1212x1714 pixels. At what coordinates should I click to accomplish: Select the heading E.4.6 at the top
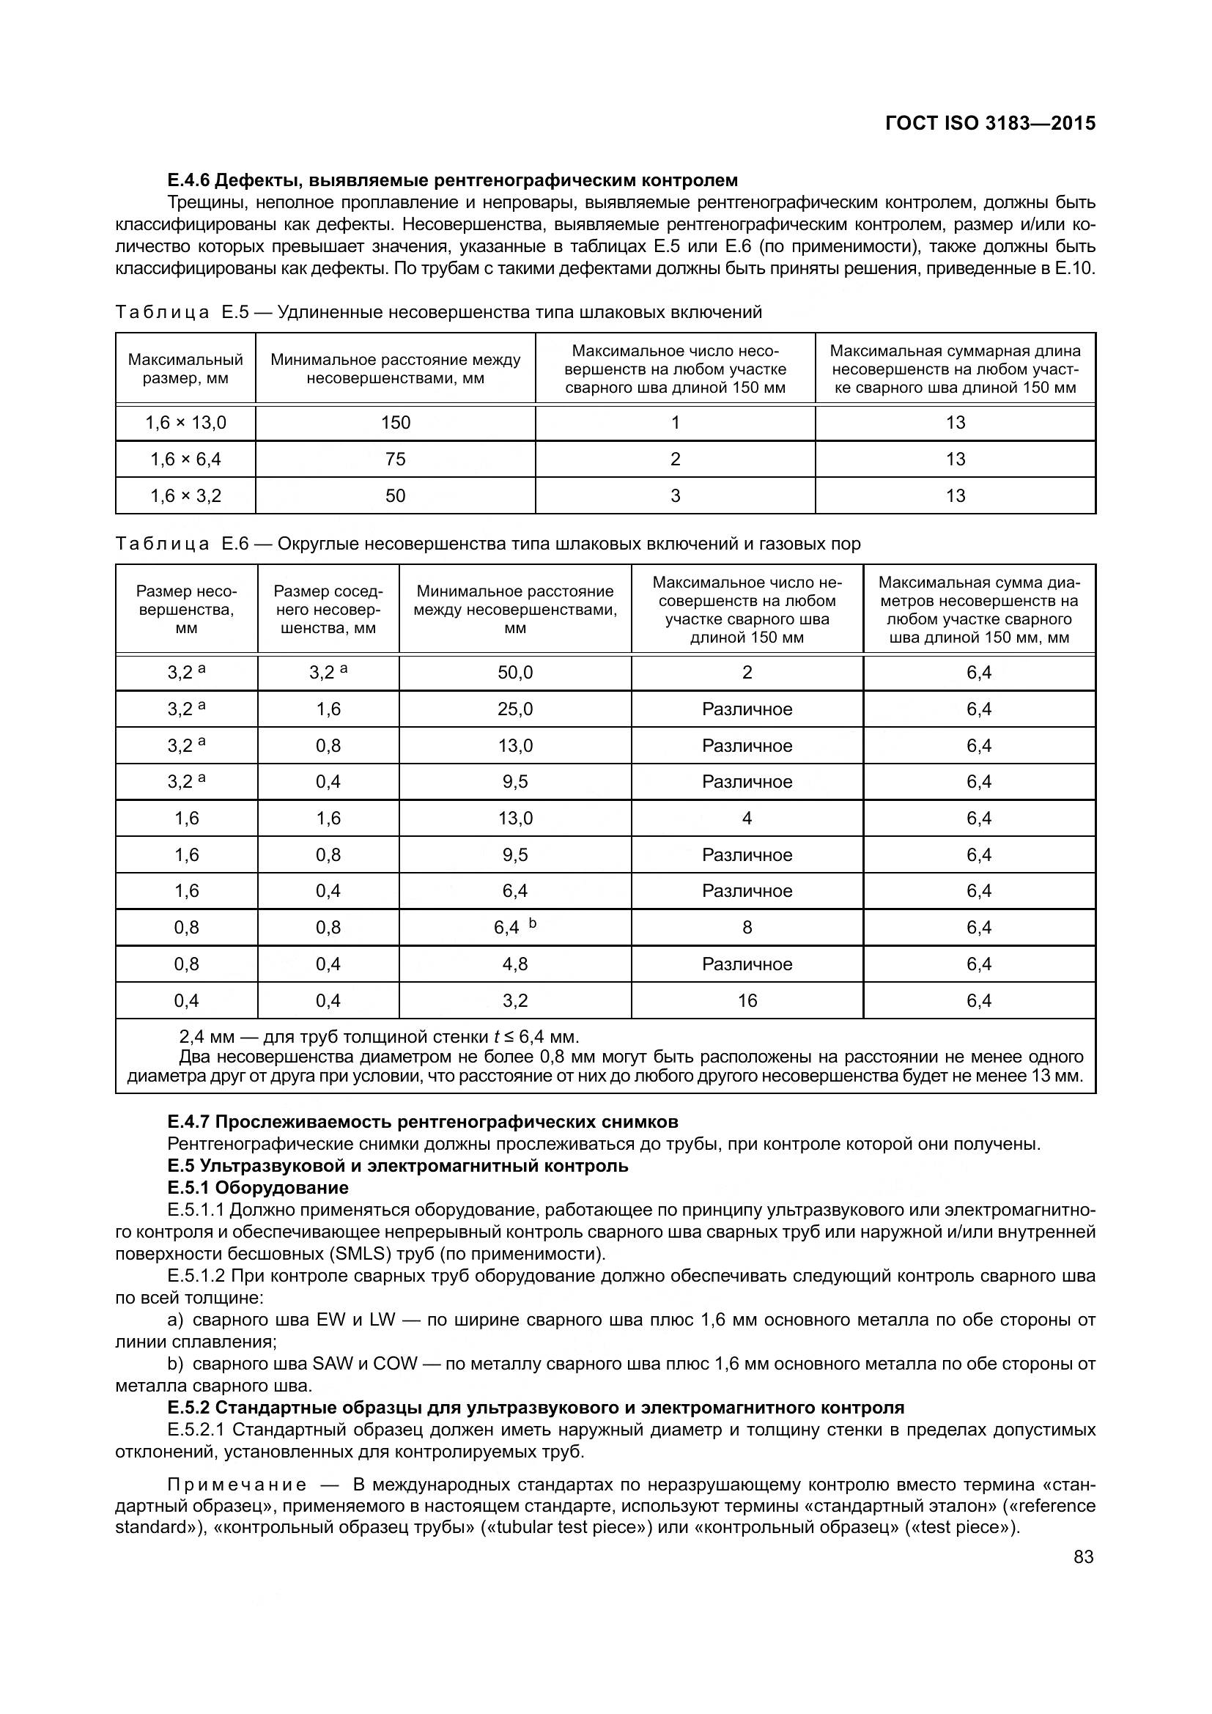[452, 180]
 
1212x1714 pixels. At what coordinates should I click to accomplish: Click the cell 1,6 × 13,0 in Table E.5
[185, 424]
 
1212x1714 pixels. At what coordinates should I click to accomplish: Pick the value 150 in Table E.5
[395, 424]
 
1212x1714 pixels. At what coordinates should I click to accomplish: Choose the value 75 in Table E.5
[395, 459]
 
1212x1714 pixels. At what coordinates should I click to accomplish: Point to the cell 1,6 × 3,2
[185, 495]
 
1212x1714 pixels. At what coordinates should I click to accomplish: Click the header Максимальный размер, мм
[185, 369]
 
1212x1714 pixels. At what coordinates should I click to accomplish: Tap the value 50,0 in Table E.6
[515, 673]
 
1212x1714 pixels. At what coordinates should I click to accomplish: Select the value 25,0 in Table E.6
[515, 709]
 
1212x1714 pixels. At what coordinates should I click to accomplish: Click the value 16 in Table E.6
[747, 1000]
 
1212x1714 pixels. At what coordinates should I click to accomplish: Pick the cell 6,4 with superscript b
[515, 927]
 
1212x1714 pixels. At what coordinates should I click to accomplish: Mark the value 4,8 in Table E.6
[515, 964]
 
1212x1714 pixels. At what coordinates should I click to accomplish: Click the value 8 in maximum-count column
[747, 927]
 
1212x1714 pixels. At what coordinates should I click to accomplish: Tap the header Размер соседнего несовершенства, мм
[328, 610]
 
